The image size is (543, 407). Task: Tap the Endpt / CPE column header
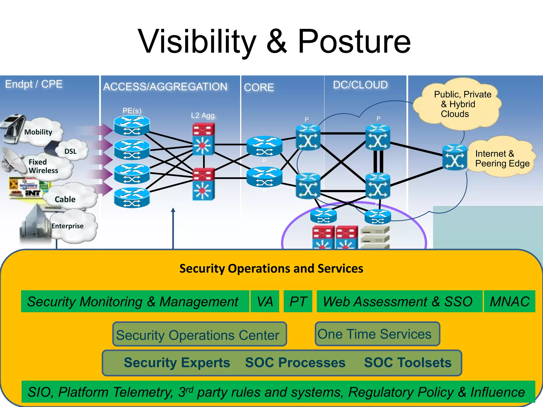[x=34, y=84]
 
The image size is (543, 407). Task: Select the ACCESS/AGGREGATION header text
[x=165, y=87]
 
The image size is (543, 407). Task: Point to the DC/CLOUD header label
[x=360, y=85]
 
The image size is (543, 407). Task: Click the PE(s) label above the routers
[x=132, y=111]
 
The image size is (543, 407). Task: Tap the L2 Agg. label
[x=204, y=116]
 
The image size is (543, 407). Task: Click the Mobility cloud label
[x=38, y=132]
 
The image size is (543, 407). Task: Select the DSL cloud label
[x=70, y=151]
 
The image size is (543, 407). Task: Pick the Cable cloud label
[x=65, y=199]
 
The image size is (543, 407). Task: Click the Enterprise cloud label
[x=67, y=226]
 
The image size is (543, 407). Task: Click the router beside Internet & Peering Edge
[x=454, y=157]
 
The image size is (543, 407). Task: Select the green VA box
[x=265, y=302]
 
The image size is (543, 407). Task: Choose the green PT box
[x=298, y=302]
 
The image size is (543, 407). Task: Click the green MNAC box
[x=509, y=302]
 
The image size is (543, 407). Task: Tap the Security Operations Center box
[x=199, y=334]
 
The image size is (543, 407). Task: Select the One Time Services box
[x=377, y=334]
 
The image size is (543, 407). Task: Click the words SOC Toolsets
[x=408, y=362]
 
